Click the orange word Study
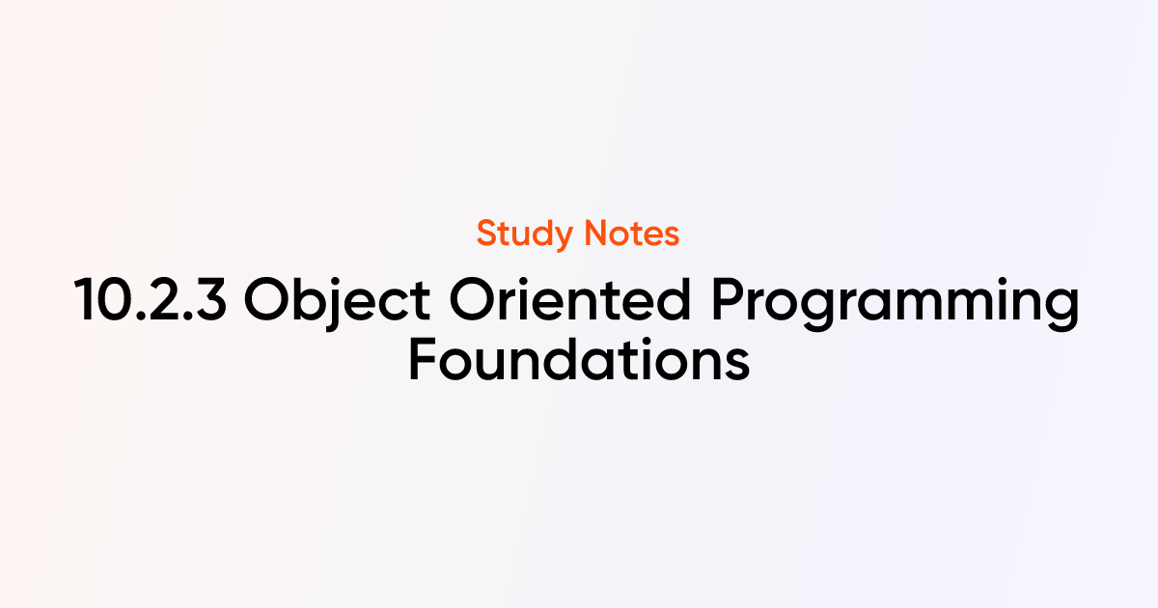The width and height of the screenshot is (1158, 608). click(525, 235)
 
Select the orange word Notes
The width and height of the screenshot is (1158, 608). click(632, 234)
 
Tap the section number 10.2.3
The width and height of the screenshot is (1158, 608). click(150, 300)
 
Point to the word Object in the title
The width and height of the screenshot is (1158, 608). click(337, 303)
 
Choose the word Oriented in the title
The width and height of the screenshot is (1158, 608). click(569, 299)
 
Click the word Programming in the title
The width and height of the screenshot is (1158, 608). click(896, 304)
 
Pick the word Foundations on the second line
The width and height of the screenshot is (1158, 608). click(579, 359)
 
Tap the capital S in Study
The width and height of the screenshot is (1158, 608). click(487, 234)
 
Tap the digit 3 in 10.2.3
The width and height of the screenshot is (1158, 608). click(208, 300)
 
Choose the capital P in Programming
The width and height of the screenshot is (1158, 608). click(728, 300)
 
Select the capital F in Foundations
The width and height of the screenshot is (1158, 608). click(423, 359)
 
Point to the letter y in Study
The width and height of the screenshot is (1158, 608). click(562, 239)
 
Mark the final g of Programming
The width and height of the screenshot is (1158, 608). click(1061, 309)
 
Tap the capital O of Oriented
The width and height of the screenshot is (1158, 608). click(471, 300)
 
